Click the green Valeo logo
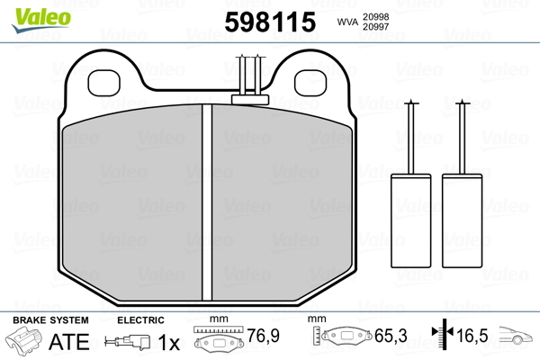(x=41, y=20)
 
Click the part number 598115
(x=270, y=22)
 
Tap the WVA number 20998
(x=375, y=17)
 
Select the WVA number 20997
(x=375, y=26)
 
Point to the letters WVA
(x=348, y=22)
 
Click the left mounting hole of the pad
(x=104, y=83)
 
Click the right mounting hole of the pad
(x=310, y=83)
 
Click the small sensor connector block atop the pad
(x=250, y=100)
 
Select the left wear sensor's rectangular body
(x=411, y=220)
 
